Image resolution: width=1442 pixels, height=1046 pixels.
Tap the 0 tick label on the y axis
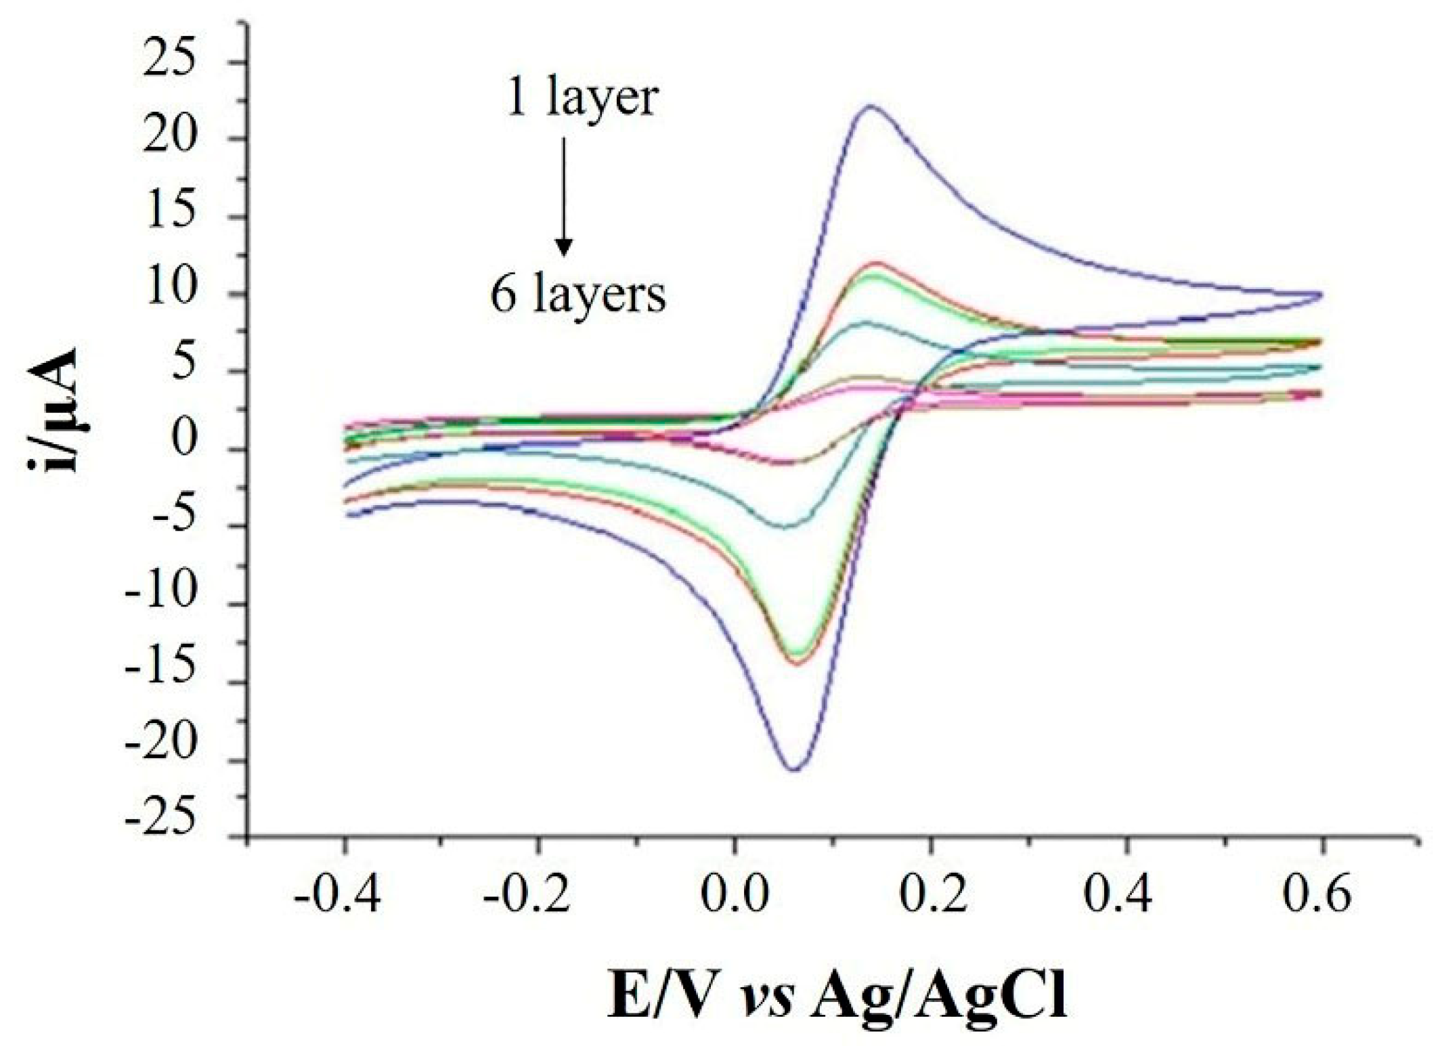point(183,439)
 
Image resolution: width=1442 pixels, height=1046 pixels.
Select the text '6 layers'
point(578,296)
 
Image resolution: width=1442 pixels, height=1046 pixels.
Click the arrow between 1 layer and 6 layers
point(563,196)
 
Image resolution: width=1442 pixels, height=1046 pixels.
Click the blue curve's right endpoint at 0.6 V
point(1321,295)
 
